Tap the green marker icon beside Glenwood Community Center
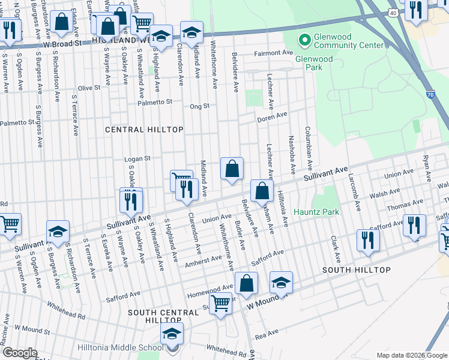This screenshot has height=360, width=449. pos(304,41)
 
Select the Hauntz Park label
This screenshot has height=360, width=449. pos(316,212)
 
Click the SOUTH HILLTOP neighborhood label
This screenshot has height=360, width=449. pos(357,270)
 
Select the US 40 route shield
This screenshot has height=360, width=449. pos(392,12)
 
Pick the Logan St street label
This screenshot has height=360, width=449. pos(136,159)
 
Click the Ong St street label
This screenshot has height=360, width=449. pos(199,106)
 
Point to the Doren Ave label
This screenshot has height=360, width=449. pos(272,115)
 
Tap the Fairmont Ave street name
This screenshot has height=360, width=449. pos(272,53)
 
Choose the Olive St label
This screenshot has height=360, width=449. pos(89,88)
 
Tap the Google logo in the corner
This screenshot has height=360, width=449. pos(20,353)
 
